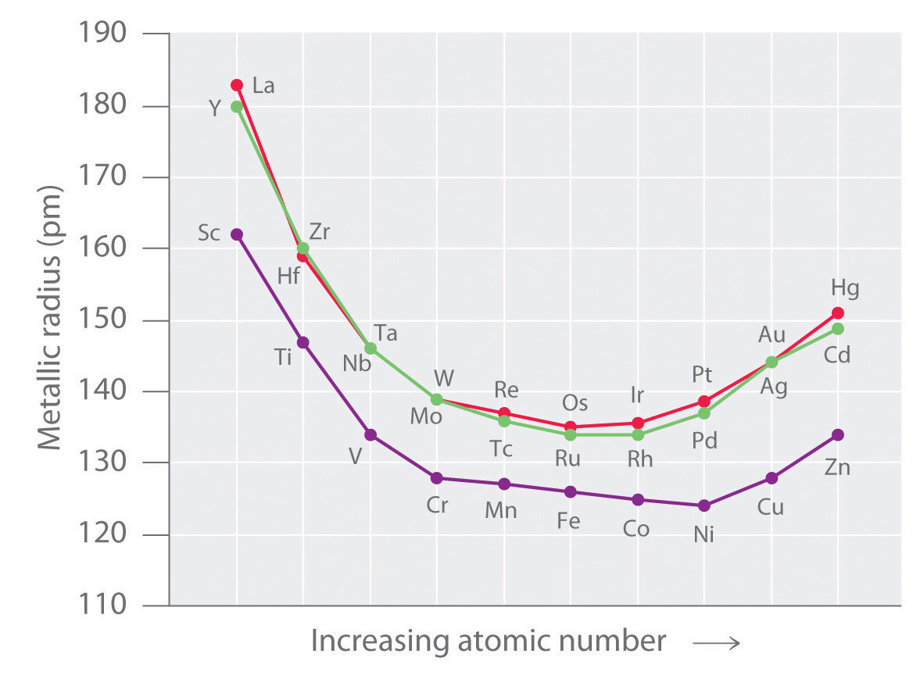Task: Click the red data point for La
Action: [237, 85]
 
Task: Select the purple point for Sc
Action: [237, 234]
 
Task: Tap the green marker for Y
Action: [237, 107]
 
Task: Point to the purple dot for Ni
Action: [704, 505]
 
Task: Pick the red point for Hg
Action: [838, 313]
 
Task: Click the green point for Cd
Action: [838, 329]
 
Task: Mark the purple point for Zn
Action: [838, 434]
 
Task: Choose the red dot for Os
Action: [571, 427]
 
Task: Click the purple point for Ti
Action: [303, 342]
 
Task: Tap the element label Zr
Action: [320, 232]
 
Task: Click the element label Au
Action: [772, 335]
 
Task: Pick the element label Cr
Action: [438, 504]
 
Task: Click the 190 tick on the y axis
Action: [101, 34]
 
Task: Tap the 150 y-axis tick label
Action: [101, 320]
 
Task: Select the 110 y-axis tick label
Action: [101, 606]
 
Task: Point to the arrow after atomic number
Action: [714, 643]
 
